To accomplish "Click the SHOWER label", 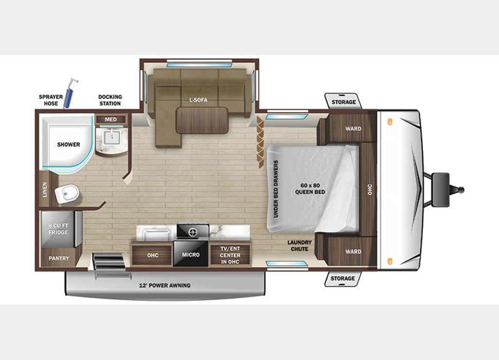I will (x=68, y=145).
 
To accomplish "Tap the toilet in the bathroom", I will (x=67, y=194).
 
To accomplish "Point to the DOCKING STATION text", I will (x=110, y=100).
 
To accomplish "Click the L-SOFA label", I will (x=198, y=100).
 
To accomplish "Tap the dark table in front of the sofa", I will (x=202, y=120).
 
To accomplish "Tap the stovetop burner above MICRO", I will (x=193, y=231).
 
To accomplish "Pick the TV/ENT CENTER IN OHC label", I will (x=230, y=255).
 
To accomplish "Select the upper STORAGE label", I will (x=343, y=102).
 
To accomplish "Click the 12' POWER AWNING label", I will (x=165, y=285).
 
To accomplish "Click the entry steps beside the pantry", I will (x=109, y=264).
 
